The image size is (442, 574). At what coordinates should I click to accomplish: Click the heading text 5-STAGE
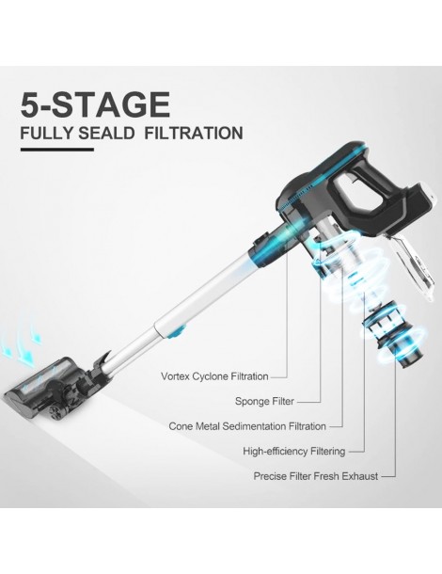point(95,104)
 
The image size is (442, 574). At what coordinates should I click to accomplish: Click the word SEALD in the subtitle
point(106,133)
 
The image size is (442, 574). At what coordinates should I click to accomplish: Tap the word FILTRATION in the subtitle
point(194,133)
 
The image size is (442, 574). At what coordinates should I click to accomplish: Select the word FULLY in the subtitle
point(47,133)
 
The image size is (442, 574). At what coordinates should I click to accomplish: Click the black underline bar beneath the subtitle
point(57,149)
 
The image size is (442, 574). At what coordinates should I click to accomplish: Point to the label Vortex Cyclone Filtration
point(214,376)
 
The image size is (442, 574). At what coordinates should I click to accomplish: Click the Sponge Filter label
point(264,401)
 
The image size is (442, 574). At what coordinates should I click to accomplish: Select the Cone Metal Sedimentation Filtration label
point(247,426)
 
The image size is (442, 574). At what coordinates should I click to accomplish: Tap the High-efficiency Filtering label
point(294,451)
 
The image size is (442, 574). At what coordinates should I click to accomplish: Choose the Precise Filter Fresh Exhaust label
point(316,476)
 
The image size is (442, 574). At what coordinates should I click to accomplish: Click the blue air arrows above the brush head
point(22,346)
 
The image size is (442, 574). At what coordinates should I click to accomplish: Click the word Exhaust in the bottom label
point(359,476)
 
